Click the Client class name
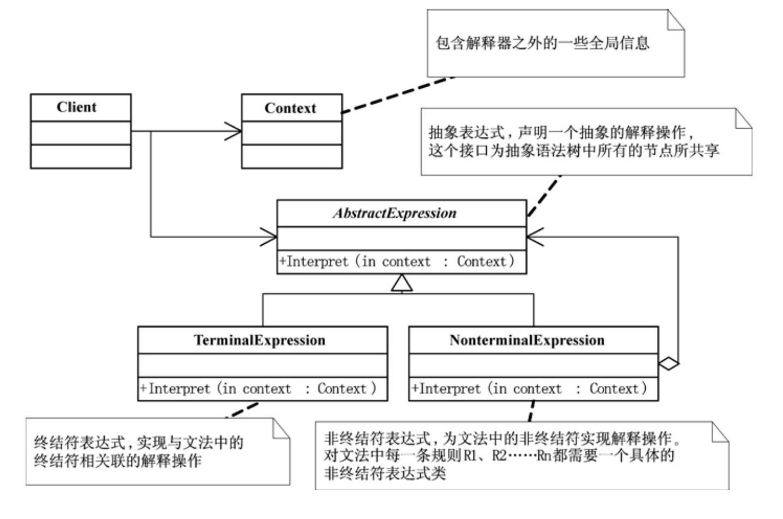tap(76, 107)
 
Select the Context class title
tap(290, 108)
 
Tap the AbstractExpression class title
tap(395, 213)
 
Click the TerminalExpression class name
tap(260, 340)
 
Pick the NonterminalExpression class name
tap(527, 340)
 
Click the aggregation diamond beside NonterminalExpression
tap(668, 363)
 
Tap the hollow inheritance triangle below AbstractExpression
tap(402, 283)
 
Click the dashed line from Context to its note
tap(397, 95)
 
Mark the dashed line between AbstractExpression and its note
tap(543, 196)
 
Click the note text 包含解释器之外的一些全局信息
tap(542, 43)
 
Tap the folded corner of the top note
tap(676, 20)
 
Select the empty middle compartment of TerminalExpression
tap(262, 365)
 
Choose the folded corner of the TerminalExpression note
tap(282, 428)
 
